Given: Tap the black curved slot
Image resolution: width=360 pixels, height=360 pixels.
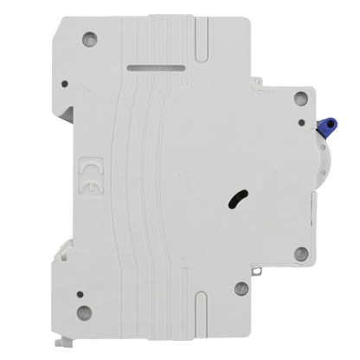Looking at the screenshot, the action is [238, 199].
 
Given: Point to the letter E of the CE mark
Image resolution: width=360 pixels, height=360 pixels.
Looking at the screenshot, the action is [92, 188].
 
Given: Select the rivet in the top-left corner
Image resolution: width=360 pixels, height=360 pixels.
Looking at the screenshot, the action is [89, 39].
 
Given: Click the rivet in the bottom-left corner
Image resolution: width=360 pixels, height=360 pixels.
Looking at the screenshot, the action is [85, 312].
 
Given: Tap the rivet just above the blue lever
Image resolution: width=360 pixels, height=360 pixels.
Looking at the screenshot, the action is [301, 98].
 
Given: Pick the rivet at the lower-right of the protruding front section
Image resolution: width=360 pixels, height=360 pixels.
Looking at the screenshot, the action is [301, 254].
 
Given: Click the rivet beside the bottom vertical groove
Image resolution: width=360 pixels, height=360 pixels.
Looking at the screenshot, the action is [241, 288].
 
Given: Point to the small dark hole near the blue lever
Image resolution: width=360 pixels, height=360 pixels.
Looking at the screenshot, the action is [302, 123].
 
